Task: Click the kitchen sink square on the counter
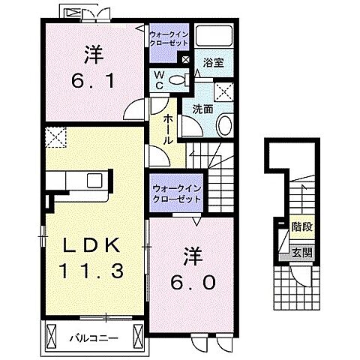(x=96, y=181)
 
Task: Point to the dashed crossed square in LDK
(x=55, y=137)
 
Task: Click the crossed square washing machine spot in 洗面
(x=224, y=91)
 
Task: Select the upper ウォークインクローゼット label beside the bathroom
(x=169, y=39)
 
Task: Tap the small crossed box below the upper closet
(x=185, y=58)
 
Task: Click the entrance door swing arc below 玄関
(x=299, y=279)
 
